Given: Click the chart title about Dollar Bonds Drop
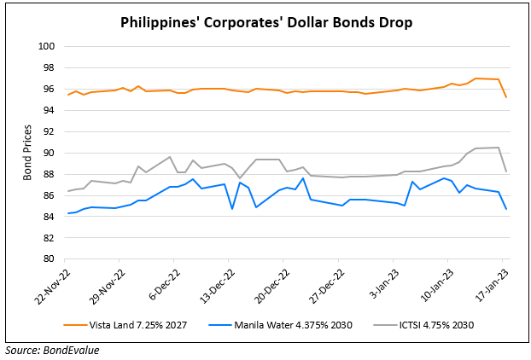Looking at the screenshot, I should tap(265, 22).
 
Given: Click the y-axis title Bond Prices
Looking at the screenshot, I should tap(29, 153).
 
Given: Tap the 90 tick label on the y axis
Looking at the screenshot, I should tap(49, 153).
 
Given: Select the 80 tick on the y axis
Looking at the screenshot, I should tap(49, 259).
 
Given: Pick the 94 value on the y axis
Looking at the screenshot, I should tap(49, 110).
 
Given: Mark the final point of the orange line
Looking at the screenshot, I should tap(506, 97).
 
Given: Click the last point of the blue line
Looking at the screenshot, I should tap(506, 209).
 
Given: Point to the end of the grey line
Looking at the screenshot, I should tap(506, 171).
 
